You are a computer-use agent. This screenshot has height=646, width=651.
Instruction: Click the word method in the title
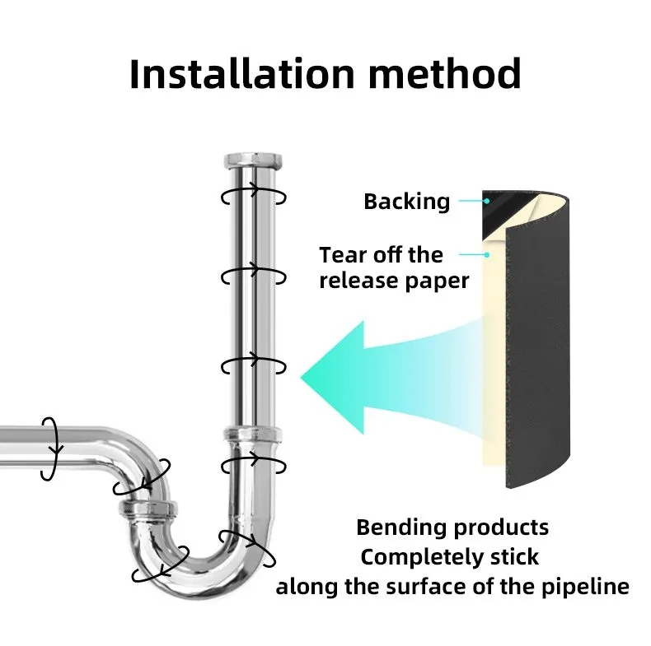(445, 74)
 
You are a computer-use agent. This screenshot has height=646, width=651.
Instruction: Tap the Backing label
(407, 202)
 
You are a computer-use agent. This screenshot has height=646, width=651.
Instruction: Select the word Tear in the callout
(344, 254)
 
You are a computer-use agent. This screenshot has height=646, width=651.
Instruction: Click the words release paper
(394, 281)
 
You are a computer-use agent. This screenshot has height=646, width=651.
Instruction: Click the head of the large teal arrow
(333, 378)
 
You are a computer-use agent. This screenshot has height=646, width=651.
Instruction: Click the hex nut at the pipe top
(253, 160)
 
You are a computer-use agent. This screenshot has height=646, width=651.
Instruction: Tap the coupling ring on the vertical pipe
(253, 435)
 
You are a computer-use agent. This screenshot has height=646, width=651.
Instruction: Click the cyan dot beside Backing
(487, 201)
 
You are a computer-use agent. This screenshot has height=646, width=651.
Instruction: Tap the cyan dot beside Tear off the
(487, 254)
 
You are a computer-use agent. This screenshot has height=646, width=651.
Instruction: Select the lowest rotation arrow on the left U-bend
(160, 565)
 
